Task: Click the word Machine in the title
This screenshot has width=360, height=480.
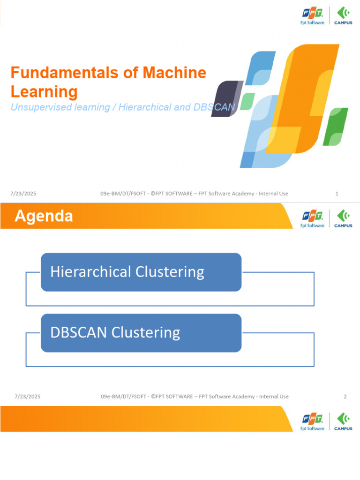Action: point(175,73)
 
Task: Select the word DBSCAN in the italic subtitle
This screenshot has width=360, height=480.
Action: point(213,107)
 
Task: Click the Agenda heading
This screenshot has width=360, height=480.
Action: point(44,216)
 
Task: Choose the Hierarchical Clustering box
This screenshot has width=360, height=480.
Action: point(141,272)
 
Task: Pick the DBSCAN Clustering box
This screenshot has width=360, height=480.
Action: point(141,333)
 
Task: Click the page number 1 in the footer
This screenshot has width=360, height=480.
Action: point(337,194)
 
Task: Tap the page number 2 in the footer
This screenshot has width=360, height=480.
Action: point(345,397)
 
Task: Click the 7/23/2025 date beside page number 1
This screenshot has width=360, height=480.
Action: point(23,194)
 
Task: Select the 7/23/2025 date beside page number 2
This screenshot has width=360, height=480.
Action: point(28,397)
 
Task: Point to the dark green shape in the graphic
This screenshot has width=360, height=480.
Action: point(338,127)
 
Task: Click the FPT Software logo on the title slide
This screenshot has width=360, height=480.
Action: point(312,15)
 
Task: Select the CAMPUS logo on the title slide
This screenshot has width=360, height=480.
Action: point(344,15)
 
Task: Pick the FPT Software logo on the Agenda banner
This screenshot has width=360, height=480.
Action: point(312,218)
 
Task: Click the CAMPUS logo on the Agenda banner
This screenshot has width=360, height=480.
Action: point(344,218)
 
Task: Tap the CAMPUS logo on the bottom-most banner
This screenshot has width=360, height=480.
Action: point(344,421)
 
